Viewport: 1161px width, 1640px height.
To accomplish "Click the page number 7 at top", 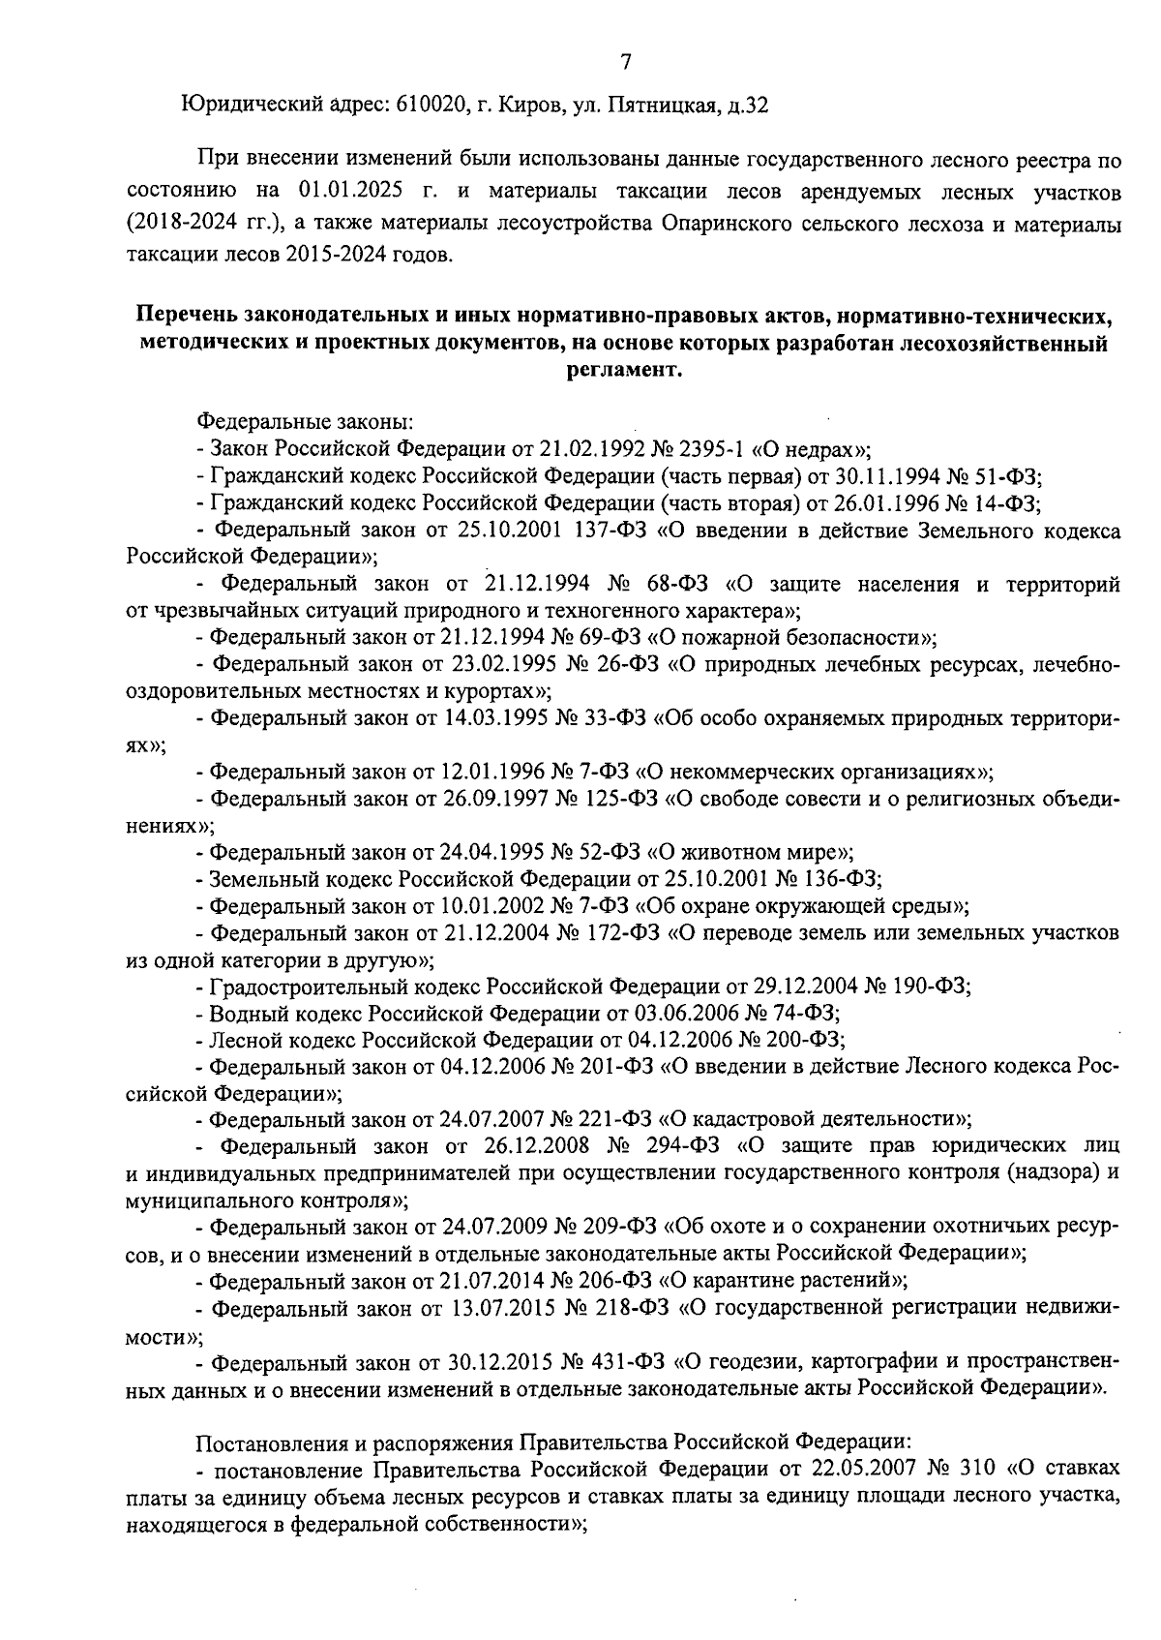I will [x=625, y=62].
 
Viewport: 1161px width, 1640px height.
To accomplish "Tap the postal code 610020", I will [x=432, y=105].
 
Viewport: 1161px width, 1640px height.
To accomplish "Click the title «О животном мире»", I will [x=749, y=852].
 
